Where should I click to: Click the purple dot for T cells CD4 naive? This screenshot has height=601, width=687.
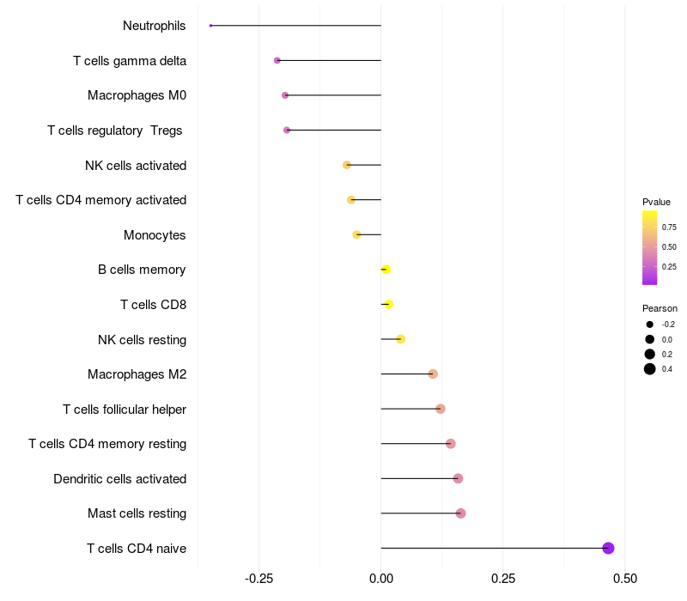pyautogui.click(x=608, y=548)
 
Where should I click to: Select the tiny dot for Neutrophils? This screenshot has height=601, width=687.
pyautogui.click(x=210, y=26)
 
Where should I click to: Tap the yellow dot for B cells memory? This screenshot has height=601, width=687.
pyautogui.click(x=386, y=270)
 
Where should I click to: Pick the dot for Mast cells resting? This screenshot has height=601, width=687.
pyautogui.click(x=460, y=513)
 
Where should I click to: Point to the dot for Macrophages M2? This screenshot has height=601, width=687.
pyautogui.click(x=433, y=373)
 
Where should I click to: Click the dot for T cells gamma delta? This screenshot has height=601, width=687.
pyautogui.click(x=277, y=60)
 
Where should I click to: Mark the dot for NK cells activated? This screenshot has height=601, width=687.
pyautogui.click(x=347, y=165)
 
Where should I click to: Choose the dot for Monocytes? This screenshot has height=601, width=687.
pyautogui.click(x=356, y=234)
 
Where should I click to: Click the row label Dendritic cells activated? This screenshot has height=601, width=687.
pyautogui.click(x=119, y=478)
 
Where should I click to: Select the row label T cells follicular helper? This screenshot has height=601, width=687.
pyautogui.click(x=125, y=409)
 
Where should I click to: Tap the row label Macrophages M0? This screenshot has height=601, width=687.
pyautogui.click(x=137, y=95)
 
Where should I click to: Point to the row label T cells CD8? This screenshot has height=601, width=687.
pyautogui.click(x=153, y=304)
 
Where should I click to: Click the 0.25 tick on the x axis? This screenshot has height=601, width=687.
pyautogui.click(x=503, y=579)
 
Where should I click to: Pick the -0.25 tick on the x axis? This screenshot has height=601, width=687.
pyautogui.click(x=258, y=579)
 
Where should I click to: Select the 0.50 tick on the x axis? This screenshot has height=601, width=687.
pyautogui.click(x=625, y=579)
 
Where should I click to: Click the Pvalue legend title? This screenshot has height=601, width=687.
pyautogui.click(x=656, y=202)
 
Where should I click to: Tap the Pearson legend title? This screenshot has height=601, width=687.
pyautogui.click(x=660, y=308)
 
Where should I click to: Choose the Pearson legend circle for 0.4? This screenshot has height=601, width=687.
pyautogui.click(x=650, y=369)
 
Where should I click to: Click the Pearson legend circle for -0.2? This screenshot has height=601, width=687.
pyautogui.click(x=650, y=325)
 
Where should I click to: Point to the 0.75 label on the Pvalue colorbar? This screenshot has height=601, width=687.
pyautogui.click(x=669, y=228)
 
